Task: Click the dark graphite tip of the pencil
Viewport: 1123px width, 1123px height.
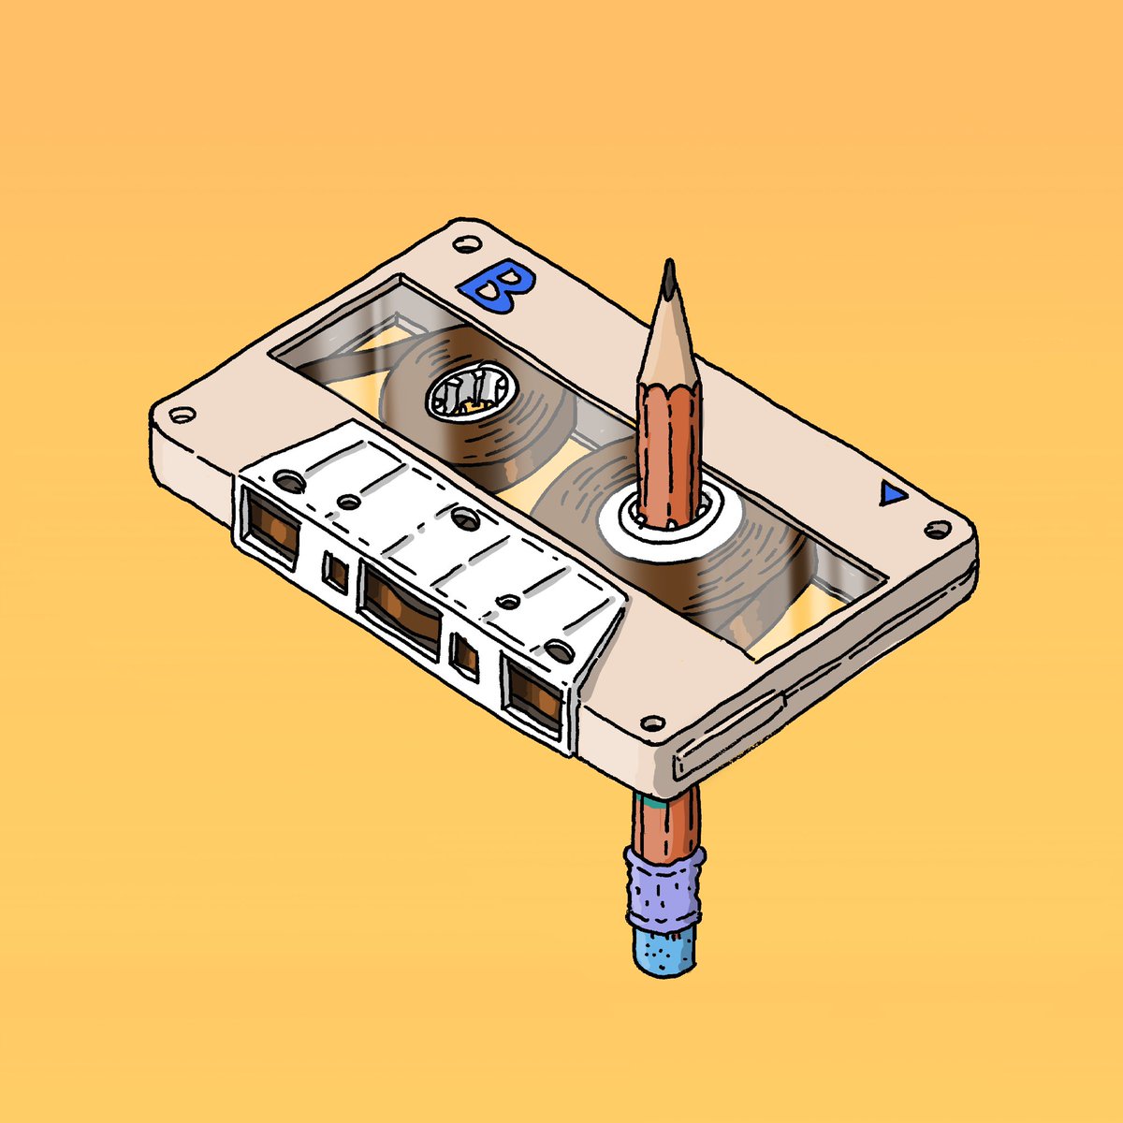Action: click(669, 281)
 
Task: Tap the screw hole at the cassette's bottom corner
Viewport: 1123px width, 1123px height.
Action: click(653, 722)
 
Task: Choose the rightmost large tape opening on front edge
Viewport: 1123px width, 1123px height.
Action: click(534, 693)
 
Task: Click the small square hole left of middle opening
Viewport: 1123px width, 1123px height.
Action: click(335, 573)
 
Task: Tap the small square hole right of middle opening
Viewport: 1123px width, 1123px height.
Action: click(464, 654)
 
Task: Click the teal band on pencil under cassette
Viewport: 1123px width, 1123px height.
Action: click(666, 800)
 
